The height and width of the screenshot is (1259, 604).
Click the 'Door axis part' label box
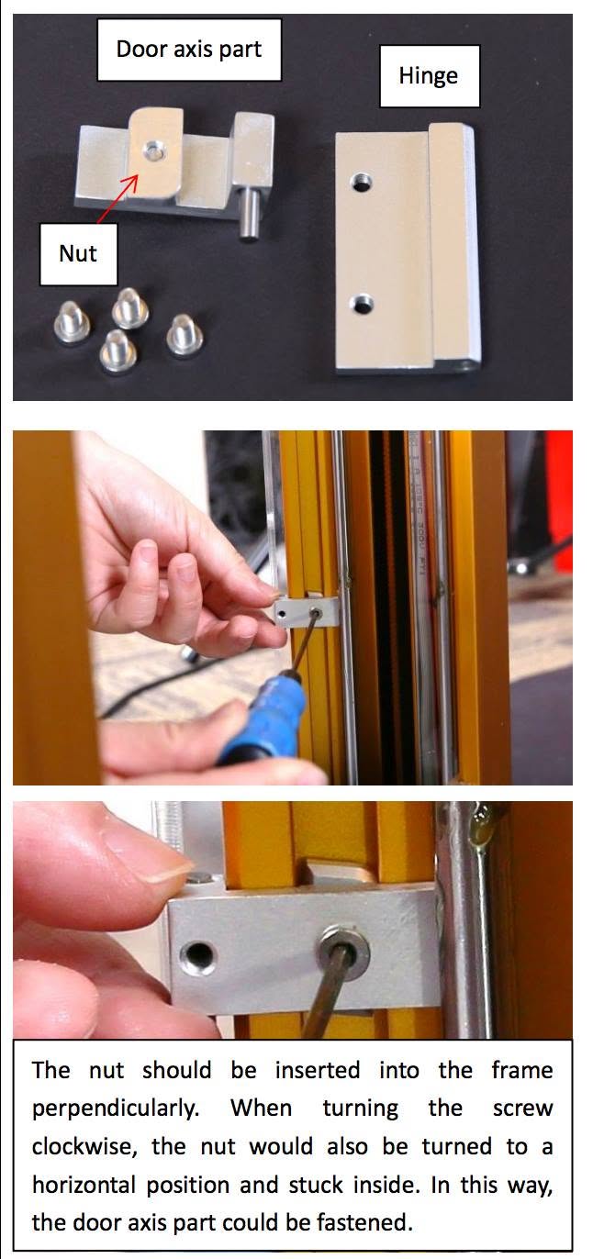[189, 50]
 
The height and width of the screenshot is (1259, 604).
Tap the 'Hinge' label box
[429, 76]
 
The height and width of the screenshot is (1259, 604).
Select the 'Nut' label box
[78, 254]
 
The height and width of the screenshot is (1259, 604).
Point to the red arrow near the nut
[117, 199]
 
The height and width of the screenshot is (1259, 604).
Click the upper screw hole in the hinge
[361, 182]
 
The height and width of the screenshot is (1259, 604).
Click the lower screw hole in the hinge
[361, 305]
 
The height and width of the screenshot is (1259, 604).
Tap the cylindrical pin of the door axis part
[247, 215]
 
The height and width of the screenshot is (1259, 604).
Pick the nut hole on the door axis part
[151, 150]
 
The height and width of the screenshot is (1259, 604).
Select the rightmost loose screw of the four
[184, 336]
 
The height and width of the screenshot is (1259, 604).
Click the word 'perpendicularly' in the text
[116, 1109]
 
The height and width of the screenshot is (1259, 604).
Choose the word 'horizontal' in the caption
[84, 1185]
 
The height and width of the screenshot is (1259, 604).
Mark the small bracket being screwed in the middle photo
[308, 610]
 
